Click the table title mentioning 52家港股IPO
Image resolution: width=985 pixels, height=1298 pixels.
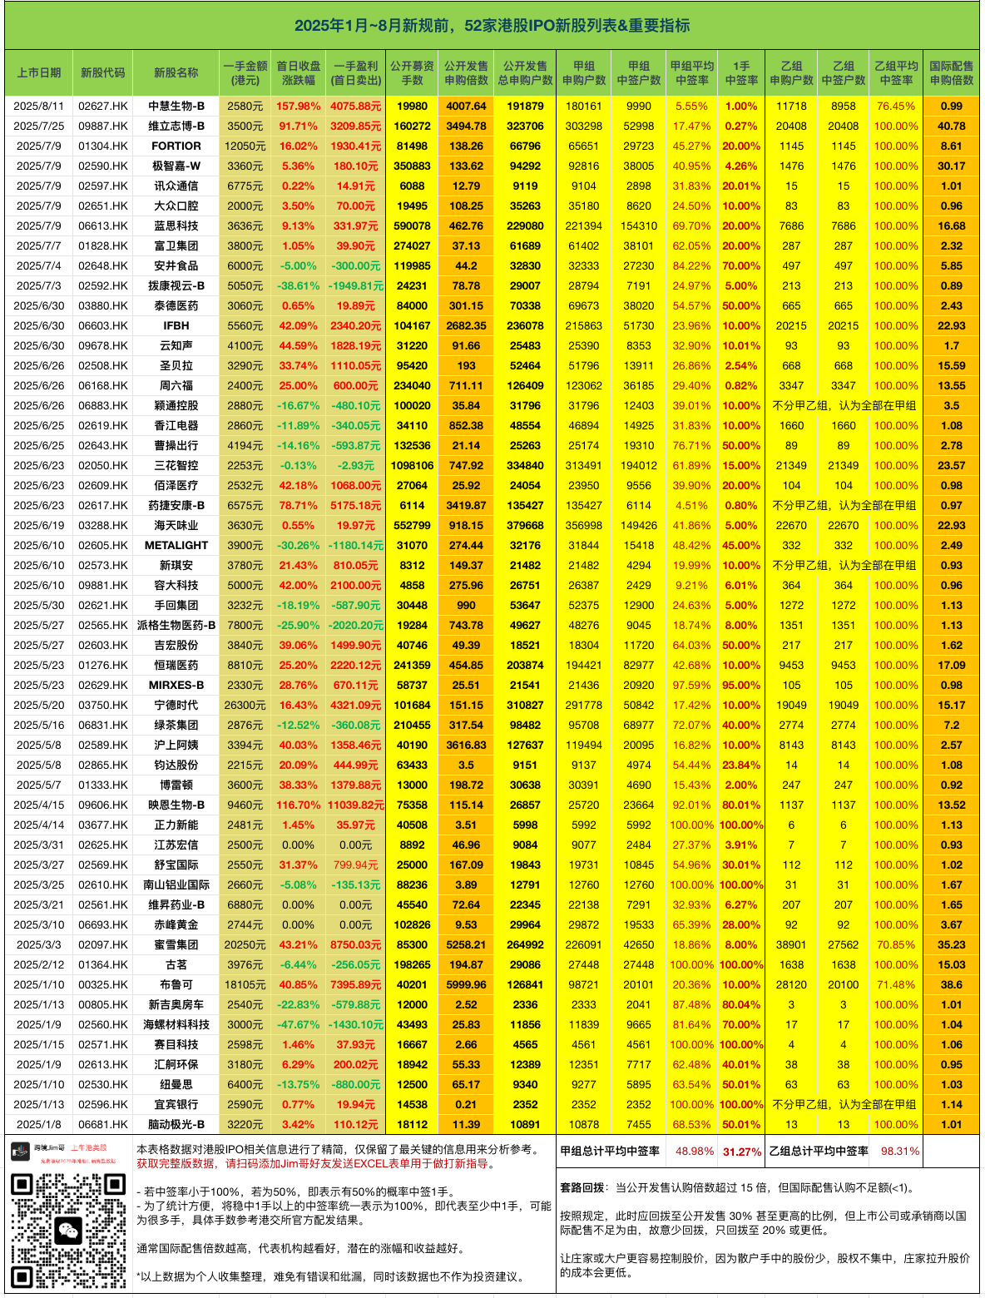click(x=492, y=26)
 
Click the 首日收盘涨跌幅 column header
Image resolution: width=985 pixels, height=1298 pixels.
click(x=298, y=73)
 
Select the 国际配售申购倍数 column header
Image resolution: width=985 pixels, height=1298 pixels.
click(x=951, y=73)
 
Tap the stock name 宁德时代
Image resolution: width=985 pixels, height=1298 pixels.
click(x=176, y=706)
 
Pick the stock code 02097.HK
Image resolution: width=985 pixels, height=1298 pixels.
click(x=103, y=945)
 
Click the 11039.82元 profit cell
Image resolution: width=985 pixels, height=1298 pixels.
click(x=356, y=805)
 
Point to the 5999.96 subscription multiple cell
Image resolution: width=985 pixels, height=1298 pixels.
click(x=466, y=985)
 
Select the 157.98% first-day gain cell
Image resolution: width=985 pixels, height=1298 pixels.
click(x=298, y=107)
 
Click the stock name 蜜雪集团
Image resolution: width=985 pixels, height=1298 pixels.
click(x=176, y=945)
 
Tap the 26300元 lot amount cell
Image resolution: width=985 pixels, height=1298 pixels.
click(x=245, y=706)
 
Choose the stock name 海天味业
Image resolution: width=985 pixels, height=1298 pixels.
click(x=176, y=526)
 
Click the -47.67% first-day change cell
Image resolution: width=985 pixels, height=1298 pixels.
click(x=298, y=1025)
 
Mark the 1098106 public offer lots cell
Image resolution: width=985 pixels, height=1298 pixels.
click(x=412, y=466)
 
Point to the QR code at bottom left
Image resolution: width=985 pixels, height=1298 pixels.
click(x=69, y=1231)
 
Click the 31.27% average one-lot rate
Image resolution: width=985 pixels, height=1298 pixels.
click(x=742, y=1152)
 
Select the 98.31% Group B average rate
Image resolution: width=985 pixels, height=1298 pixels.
click(x=900, y=1152)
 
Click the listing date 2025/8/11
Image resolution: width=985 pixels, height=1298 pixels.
click(x=39, y=107)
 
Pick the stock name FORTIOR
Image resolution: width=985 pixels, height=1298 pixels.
click(x=176, y=146)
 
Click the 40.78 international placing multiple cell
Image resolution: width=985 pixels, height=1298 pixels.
click(x=951, y=126)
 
